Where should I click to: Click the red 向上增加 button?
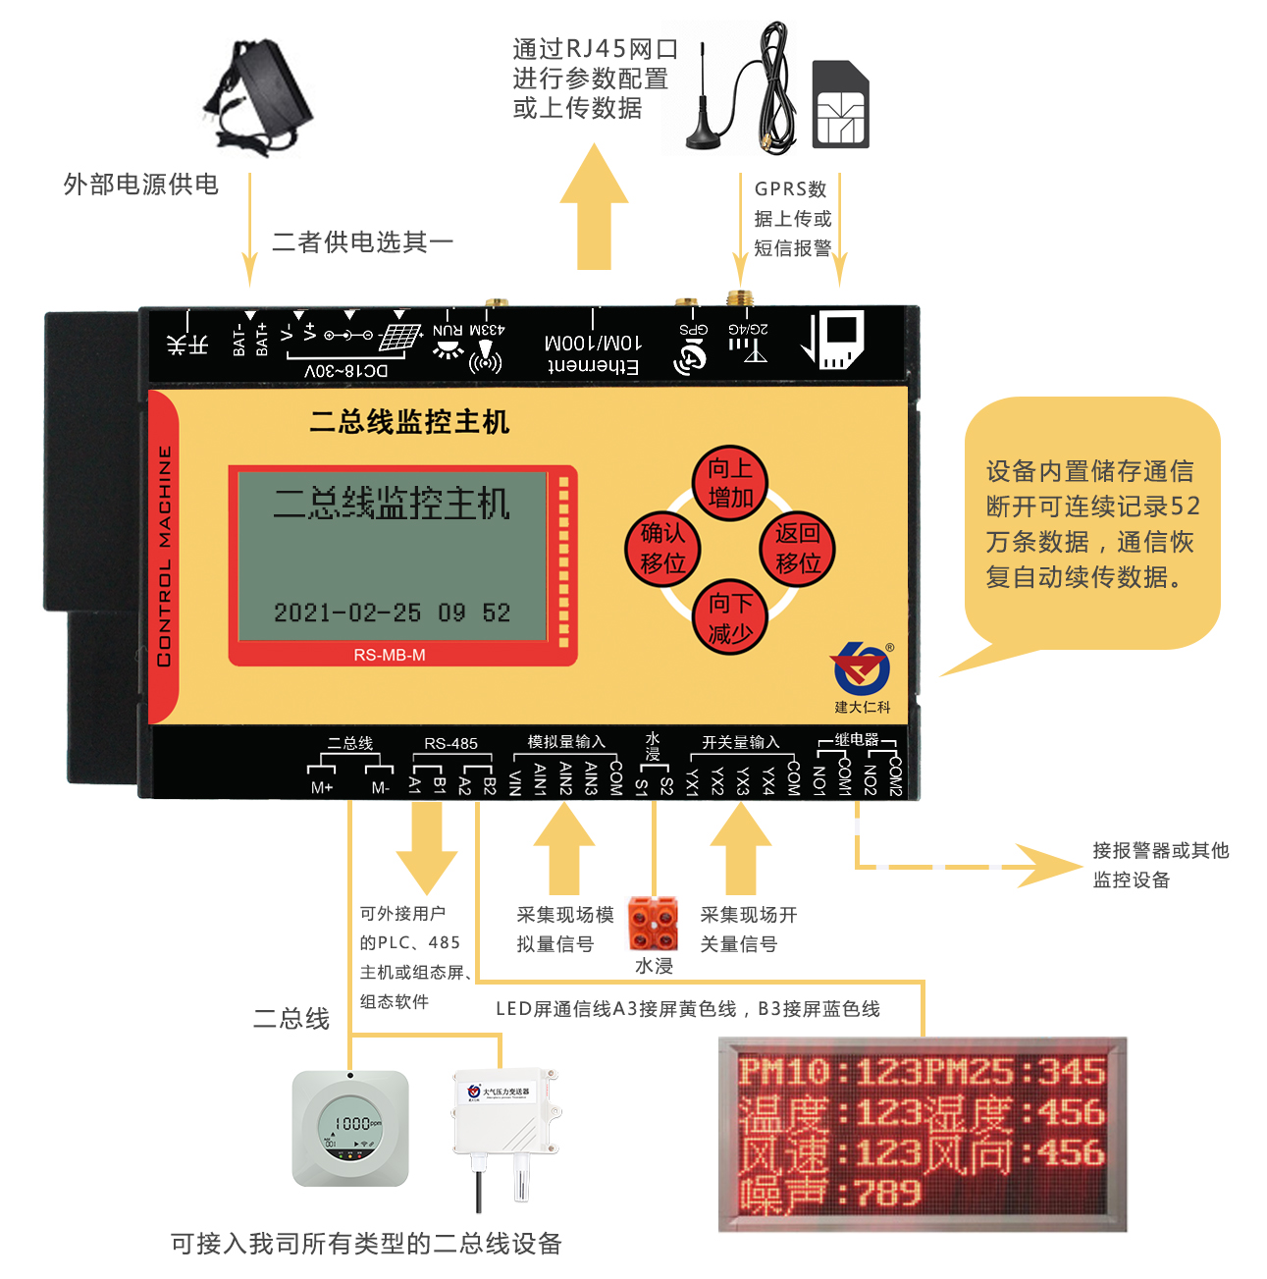[x=730, y=483]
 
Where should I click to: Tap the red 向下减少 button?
[x=730, y=617]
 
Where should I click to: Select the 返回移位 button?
[x=797, y=549]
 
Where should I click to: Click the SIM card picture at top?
[x=841, y=104]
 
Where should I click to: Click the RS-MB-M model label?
[x=390, y=655]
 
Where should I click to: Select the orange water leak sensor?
[x=653, y=924]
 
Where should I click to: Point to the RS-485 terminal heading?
[x=450, y=743]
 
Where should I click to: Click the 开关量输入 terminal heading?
[x=740, y=742]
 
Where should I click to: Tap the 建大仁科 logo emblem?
[x=861, y=670]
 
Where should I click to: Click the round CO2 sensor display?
[x=350, y=1127]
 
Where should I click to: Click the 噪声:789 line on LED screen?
[x=830, y=1193]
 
